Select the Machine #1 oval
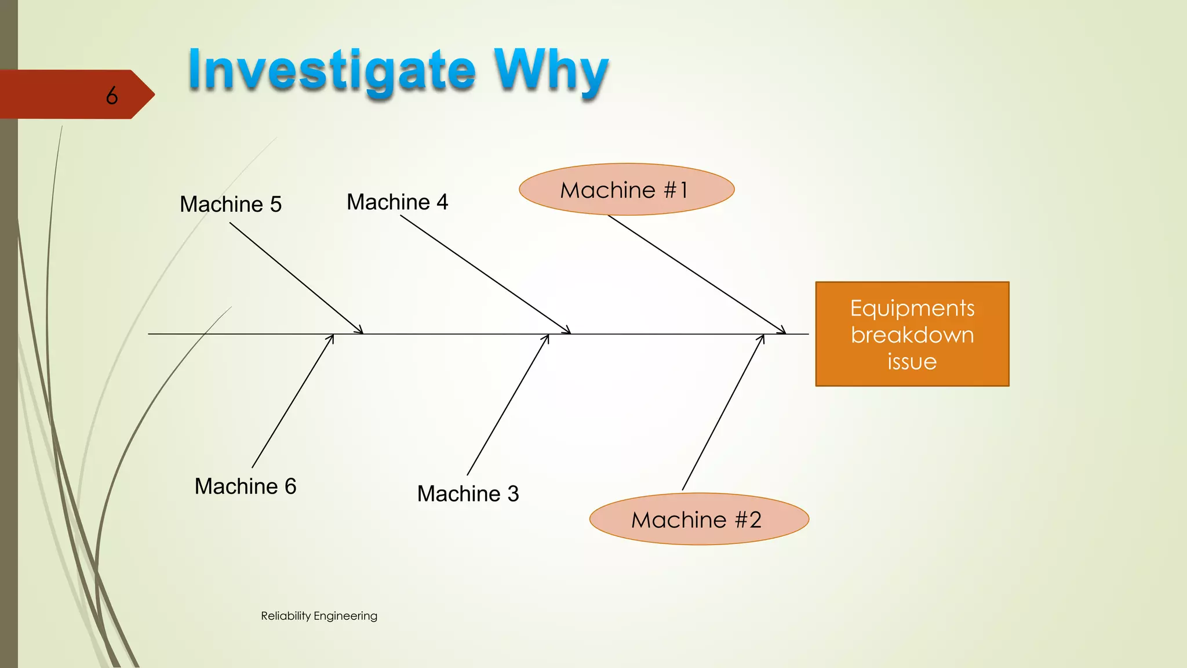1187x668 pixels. (626, 190)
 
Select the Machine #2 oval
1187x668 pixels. (698, 520)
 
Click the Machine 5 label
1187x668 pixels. (231, 204)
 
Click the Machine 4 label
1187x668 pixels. (398, 202)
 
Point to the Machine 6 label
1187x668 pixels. (245, 486)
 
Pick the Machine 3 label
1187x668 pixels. (468, 493)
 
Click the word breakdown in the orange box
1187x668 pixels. (912, 335)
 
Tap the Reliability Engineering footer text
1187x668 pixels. (319, 616)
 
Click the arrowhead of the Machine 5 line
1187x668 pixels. (360, 331)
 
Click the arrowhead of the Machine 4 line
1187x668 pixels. (568, 331)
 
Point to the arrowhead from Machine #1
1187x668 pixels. (783, 331)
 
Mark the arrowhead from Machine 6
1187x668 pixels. (332, 338)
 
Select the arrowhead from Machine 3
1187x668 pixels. (547, 338)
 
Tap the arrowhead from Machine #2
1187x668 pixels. (762, 338)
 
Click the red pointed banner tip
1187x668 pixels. (148, 94)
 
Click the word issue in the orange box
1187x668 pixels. (912, 362)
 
